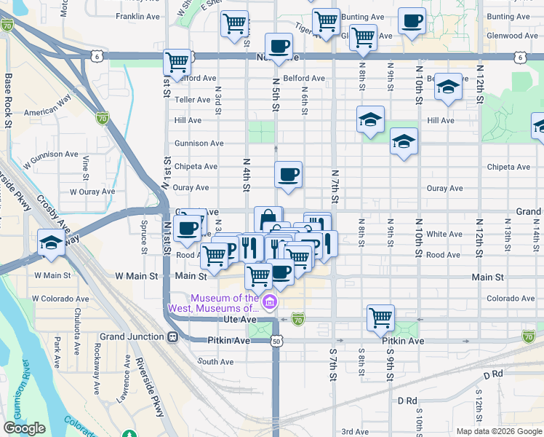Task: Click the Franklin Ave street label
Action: (x=137, y=16)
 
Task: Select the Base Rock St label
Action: (x=9, y=101)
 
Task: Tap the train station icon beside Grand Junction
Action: (x=173, y=336)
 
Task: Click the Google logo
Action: (x=25, y=428)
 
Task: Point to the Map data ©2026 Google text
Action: (x=498, y=431)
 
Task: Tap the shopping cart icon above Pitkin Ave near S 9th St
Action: (x=380, y=316)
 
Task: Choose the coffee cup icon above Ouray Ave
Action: (x=289, y=174)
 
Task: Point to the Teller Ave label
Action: (x=192, y=99)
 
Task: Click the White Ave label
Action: (x=444, y=234)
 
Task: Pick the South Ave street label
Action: (x=215, y=361)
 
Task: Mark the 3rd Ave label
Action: (x=356, y=431)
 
